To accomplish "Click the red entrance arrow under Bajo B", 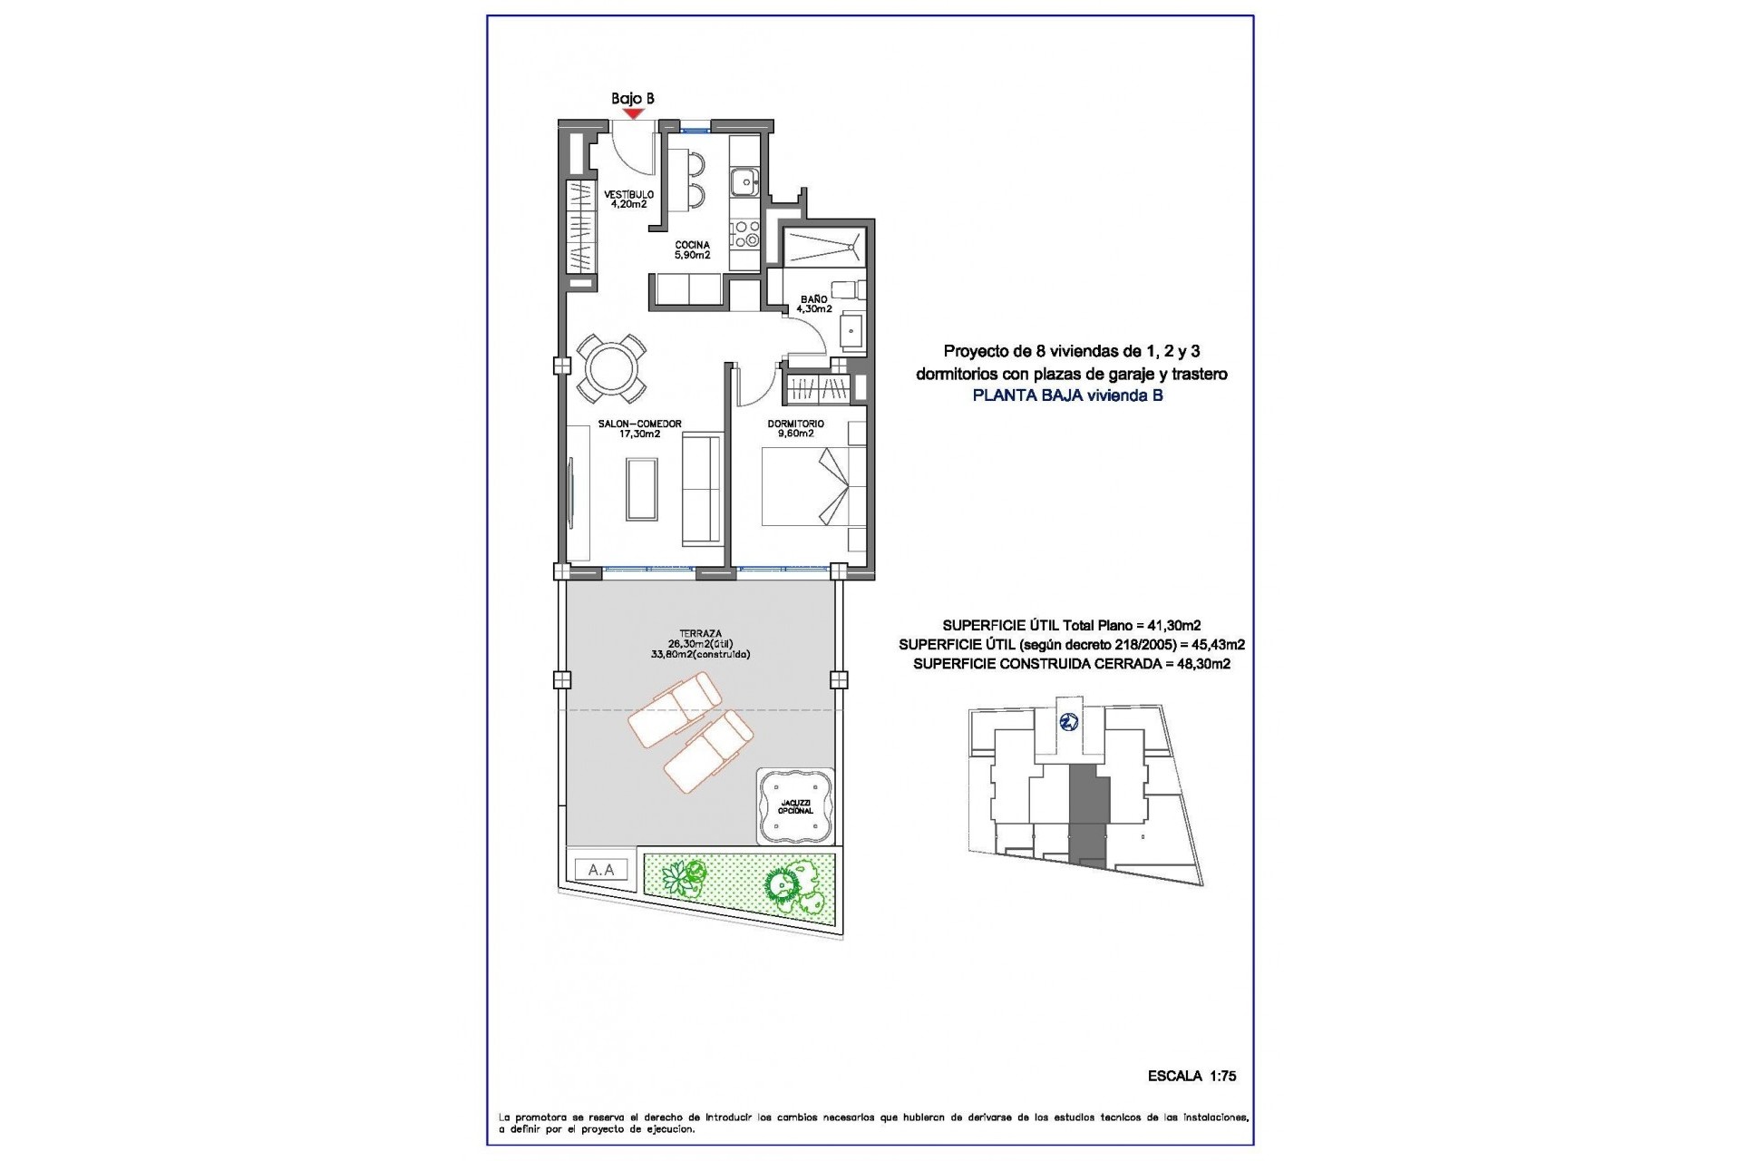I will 633,113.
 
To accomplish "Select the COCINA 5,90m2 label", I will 692,249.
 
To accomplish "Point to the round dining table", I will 613,369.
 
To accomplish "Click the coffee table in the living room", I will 642,488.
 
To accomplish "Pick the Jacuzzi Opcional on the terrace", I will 795,805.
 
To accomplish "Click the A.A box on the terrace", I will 601,870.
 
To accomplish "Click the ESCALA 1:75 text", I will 1191,1076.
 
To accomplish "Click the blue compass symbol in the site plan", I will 1069,722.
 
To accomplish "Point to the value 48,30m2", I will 1199,664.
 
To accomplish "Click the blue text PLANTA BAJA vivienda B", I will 1067,395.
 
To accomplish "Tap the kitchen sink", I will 744,181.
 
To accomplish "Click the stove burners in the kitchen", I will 744,234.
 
